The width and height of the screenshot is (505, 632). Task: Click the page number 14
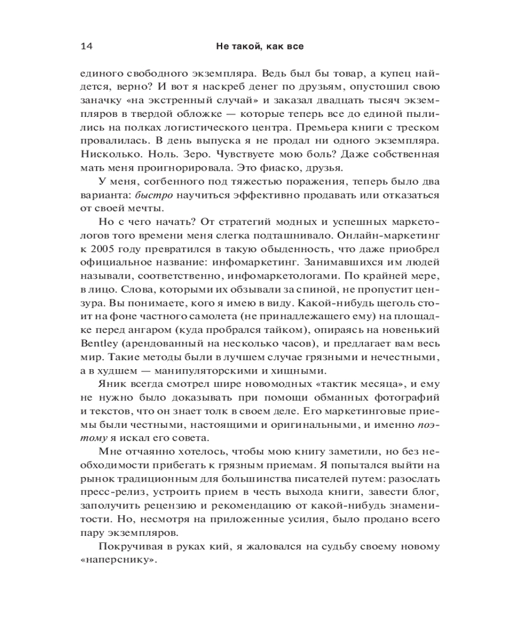[86, 47]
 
